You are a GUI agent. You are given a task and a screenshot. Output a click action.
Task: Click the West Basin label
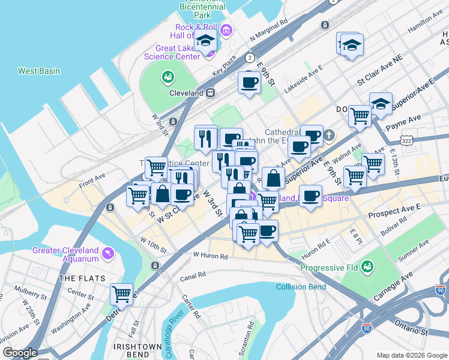coord(39,71)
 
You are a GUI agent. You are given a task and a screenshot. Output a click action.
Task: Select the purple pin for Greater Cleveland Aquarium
coord(108,253)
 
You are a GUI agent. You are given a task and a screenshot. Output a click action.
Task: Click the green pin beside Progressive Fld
coord(367,265)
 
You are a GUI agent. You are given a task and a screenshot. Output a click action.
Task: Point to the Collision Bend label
coord(301,287)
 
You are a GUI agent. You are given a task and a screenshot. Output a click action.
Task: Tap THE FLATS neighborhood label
coord(82,278)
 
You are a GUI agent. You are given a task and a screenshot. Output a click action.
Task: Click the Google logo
coord(19,353)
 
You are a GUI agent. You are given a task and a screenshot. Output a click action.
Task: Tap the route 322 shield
coord(408,140)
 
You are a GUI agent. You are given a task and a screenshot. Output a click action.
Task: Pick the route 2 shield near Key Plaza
coord(249,58)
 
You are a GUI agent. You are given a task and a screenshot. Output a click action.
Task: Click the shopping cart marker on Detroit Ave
coord(122,294)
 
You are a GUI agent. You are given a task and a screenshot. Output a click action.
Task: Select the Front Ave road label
coord(92,176)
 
